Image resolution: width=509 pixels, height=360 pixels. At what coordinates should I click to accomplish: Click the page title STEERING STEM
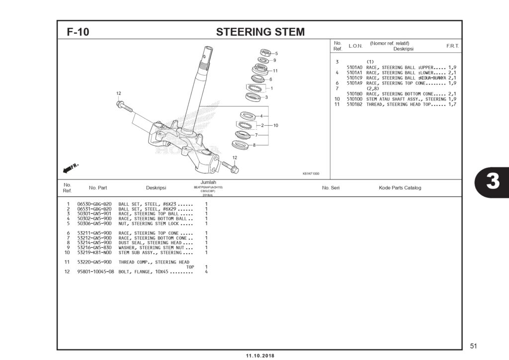(x=260, y=32)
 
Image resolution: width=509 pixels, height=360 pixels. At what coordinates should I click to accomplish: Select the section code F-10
(x=78, y=32)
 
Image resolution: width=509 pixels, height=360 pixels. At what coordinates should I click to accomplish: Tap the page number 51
(x=473, y=346)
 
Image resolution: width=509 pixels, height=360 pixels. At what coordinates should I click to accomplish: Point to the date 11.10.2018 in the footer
(x=260, y=356)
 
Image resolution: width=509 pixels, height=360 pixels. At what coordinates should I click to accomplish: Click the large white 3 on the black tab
(x=492, y=182)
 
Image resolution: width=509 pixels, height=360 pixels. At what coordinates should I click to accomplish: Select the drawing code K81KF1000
(x=311, y=174)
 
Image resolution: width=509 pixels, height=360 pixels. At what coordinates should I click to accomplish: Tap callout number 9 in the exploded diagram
(x=274, y=60)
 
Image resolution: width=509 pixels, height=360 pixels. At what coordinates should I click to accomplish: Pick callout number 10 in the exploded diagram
(x=275, y=125)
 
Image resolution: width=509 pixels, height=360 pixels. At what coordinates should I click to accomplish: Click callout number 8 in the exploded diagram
(x=254, y=145)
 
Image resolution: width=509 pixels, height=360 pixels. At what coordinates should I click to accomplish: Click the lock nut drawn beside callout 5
(x=265, y=52)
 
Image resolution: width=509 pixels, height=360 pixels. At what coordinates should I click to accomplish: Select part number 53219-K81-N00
(x=94, y=253)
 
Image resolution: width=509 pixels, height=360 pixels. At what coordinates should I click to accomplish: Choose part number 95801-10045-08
(x=96, y=272)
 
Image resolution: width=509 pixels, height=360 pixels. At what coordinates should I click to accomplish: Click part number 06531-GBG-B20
(x=94, y=209)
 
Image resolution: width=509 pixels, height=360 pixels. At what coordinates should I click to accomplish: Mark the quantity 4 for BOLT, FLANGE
(x=206, y=272)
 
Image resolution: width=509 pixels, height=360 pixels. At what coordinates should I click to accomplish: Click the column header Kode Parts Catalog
(x=400, y=188)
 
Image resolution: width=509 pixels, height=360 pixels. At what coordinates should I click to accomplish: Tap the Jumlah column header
(x=208, y=182)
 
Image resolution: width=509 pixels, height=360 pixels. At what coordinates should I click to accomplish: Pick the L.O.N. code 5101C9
(x=354, y=78)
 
